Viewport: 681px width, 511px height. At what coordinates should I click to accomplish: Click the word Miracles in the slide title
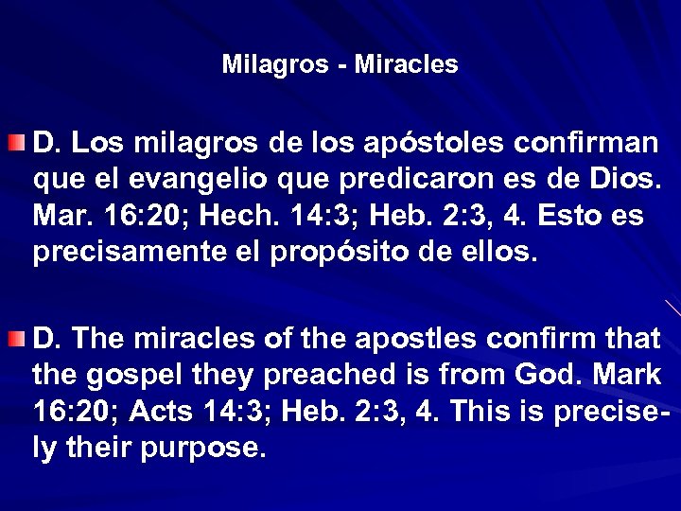tap(407, 65)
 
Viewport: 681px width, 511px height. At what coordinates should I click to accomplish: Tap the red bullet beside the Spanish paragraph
tap(16, 143)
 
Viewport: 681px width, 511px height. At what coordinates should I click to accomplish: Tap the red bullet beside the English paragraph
tap(16, 338)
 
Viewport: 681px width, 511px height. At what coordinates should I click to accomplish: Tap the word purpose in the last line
tap(203, 448)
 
